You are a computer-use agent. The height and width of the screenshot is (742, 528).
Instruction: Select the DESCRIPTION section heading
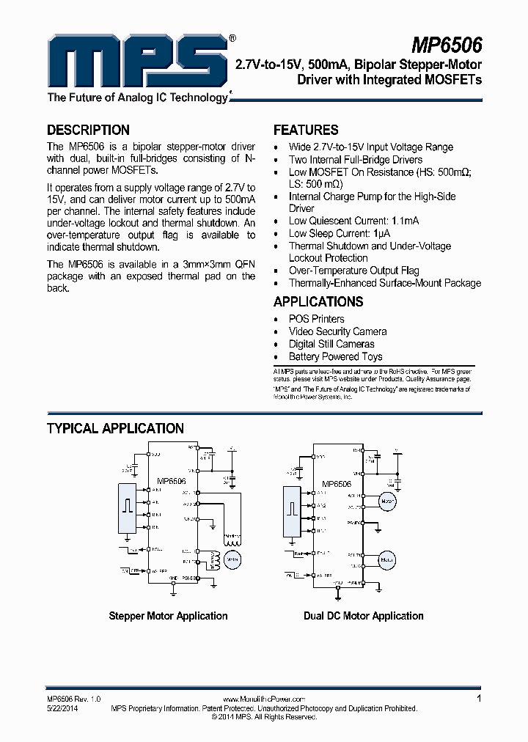[88, 130]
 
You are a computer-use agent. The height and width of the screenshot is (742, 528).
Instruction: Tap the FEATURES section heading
[306, 130]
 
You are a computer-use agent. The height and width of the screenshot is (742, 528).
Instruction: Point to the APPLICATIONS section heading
[318, 301]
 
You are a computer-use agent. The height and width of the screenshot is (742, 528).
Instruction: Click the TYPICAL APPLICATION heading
[115, 428]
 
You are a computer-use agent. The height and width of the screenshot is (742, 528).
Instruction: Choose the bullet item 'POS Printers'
[316, 319]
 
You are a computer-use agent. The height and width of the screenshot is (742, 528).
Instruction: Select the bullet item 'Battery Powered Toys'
[335, 356]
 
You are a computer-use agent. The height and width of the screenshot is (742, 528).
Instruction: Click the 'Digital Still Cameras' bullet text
[331, 344]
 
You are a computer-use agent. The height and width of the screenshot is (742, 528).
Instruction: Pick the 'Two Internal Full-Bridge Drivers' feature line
[355, 160]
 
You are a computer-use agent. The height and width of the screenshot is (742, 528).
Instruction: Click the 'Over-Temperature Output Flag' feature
[353, 271]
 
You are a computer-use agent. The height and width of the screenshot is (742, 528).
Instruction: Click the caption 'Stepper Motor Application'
[168, 616]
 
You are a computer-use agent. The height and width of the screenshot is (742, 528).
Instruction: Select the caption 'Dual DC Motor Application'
[364, 616]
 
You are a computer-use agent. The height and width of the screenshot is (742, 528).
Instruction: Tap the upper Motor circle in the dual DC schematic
[387, 502]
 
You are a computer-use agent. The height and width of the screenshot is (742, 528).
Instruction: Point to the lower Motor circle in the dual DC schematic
[387, 559]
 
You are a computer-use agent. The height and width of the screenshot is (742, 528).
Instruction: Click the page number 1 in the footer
[479, 699]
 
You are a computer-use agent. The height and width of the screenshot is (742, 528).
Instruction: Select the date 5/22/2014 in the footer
[62, 708]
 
